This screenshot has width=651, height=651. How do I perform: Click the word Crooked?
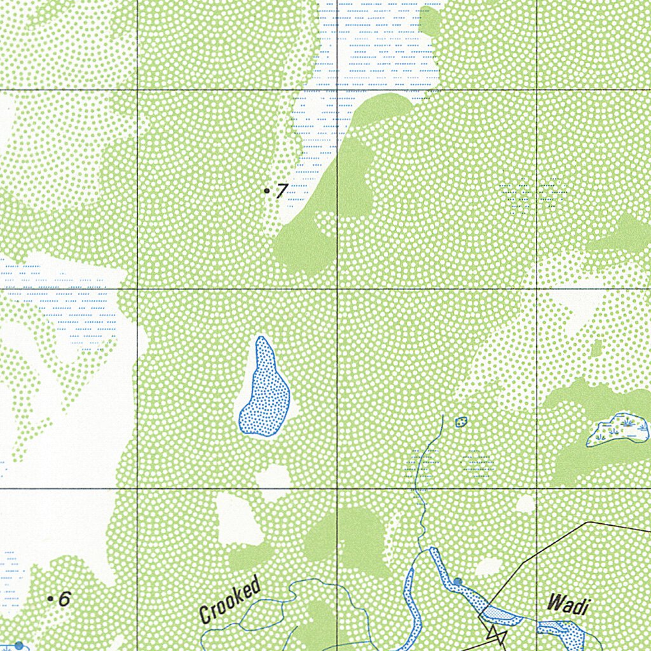230,599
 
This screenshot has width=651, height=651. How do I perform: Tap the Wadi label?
567,605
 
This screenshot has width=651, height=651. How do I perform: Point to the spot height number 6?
64,599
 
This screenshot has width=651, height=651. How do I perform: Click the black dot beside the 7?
267,190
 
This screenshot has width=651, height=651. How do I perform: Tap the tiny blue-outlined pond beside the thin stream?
462,421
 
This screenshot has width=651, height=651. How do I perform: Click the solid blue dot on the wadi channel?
458,581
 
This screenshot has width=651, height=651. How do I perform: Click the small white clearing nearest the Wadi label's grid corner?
525,504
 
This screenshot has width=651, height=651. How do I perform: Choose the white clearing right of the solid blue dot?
490,566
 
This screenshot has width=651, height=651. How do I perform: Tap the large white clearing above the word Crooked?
238,519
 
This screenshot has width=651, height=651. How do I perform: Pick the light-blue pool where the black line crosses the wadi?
499,613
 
